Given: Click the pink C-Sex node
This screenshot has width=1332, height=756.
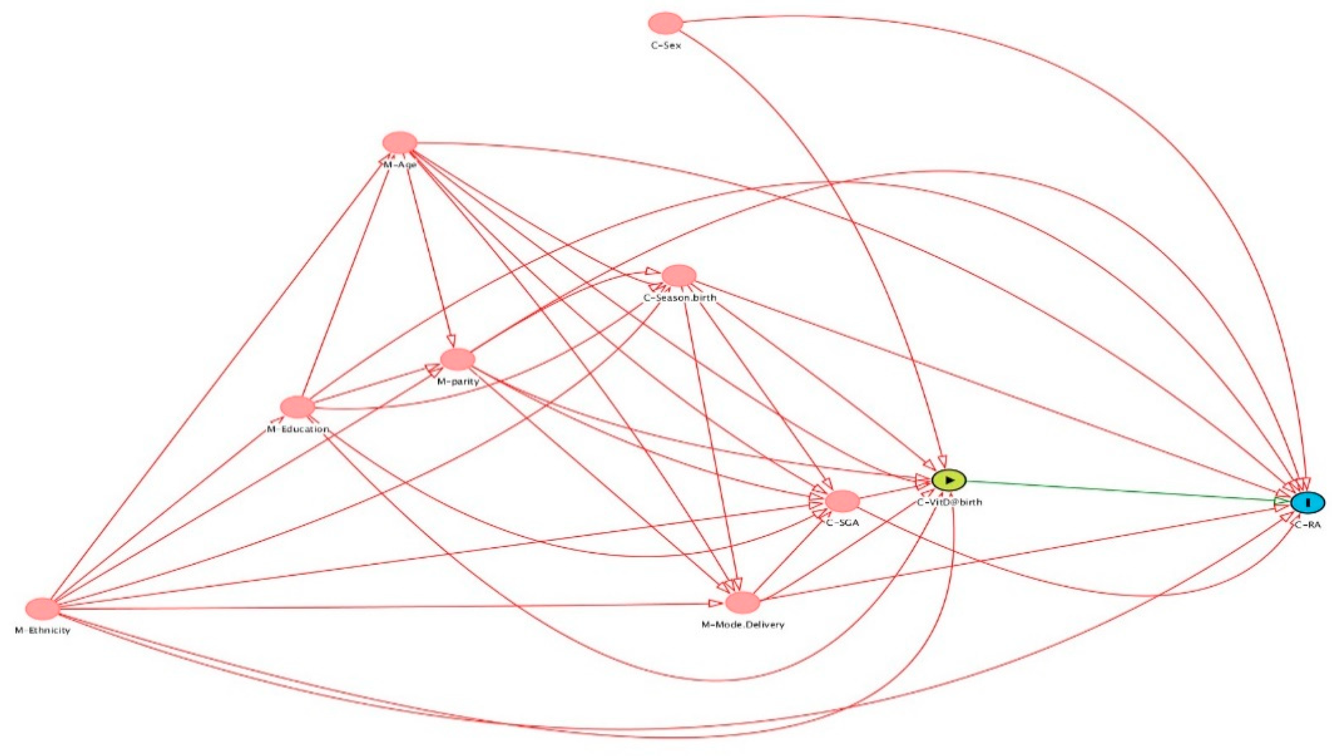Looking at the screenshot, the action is (x=666, y=23).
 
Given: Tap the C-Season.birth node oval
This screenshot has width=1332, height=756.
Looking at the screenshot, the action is (x=678, y=275).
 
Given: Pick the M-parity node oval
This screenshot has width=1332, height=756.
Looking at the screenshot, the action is (x=458, y=359).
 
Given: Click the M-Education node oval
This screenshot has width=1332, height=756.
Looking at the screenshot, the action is (x=297, y=407).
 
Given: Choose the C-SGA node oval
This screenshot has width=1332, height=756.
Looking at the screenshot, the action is (x=842, y=501).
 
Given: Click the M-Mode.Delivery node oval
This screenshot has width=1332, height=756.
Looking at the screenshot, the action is (x=742, y=603).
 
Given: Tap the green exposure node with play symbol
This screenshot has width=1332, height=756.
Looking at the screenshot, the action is (x=949, y=480).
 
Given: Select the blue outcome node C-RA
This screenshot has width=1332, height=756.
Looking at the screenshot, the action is (x=1308, y=503).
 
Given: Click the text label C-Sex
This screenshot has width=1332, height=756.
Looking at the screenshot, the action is (x=666, y=46).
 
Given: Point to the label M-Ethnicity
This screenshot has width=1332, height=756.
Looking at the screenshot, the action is (x=43, y=631).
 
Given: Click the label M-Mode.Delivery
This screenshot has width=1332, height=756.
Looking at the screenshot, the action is (x=743, y=625).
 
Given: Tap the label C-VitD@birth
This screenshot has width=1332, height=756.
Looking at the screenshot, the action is (x=949, y=503).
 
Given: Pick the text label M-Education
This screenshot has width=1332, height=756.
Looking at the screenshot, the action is (x=298, y=429).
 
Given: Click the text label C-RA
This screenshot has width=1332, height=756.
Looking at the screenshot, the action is (x=1307, y=525).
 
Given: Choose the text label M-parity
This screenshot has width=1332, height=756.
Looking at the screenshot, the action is (x=458, y=382).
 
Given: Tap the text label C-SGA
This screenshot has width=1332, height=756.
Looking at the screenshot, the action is (x=843, y=523).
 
